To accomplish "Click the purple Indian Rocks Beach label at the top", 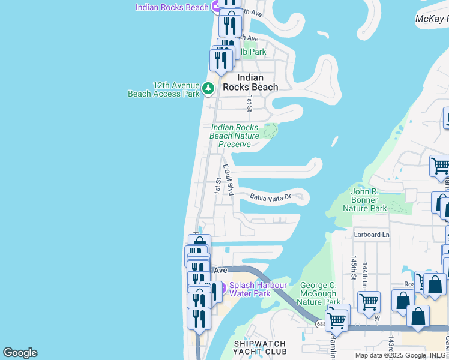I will point(172,7).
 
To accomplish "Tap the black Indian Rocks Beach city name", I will point(250,82).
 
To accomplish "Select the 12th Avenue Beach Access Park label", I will point(163,89).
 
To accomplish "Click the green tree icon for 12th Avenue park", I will point(208,89).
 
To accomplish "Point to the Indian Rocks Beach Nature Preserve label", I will point(235,136).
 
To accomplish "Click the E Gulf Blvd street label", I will point(228,179).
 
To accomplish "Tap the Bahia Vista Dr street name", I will point(270,196).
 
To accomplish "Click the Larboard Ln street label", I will point(372,235).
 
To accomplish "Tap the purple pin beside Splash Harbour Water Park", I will point(220,289).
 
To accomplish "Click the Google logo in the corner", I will point(20,353).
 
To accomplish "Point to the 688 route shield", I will point(321,324).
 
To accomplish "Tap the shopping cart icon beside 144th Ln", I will point(369,301).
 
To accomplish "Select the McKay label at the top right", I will point(432,19).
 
